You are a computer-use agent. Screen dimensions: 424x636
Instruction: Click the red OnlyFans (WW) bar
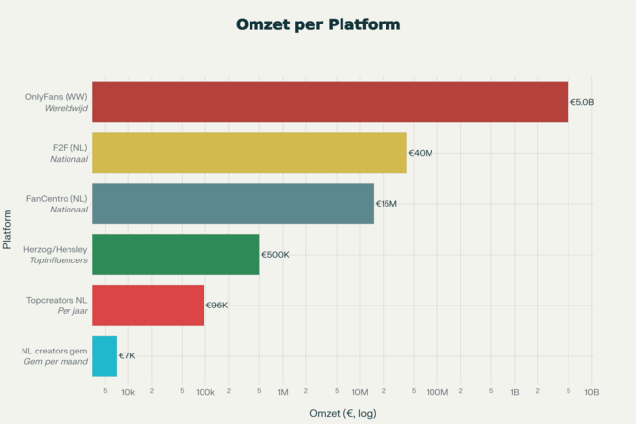click(x=330, y=102)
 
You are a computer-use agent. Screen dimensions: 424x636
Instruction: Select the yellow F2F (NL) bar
click(x=249, y=153)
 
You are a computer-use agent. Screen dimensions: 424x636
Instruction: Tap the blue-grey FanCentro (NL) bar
click(x=232, y=204)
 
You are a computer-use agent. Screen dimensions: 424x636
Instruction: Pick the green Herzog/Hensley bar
click(x=175, y=255)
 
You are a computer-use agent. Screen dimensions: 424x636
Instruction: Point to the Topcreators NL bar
click(x=148, y=306)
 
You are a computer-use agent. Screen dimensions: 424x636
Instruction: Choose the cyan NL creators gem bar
click(x=105, y=356)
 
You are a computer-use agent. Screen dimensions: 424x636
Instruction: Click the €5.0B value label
click(x=582, y=102)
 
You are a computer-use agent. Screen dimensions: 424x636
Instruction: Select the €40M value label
click(x=421, y=153)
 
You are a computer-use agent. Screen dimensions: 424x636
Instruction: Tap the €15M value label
click(x=386, y=204)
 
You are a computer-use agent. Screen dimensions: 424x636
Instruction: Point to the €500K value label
click(x=275, y=255)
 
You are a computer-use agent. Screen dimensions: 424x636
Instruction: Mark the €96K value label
click(x=217, y=306)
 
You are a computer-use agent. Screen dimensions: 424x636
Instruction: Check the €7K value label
click(x=127, y=356)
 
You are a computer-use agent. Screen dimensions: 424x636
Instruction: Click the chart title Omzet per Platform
click(x=318, y=23)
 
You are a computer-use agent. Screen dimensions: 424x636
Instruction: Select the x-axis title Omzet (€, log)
click(x=342, y=414)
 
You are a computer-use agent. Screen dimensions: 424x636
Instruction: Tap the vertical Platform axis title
click(x=9, y=229)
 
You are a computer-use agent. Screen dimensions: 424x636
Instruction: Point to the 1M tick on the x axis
click(x=282, y=392)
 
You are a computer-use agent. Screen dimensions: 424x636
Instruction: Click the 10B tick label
click(x=591, y=392)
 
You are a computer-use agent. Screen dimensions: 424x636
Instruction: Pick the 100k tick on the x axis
click(x=204, y=392)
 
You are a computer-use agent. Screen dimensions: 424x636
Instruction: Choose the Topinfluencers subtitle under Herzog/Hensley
click(x=61, y=260)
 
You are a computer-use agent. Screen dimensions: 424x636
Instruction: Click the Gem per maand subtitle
click(x=56, y=362)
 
